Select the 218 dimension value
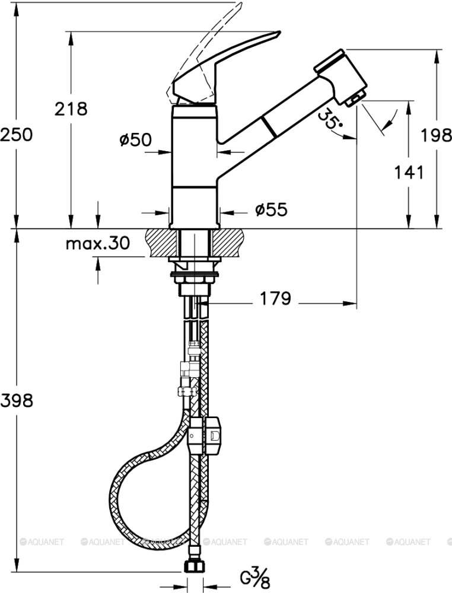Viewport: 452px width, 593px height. pyautogui.click(x=71, y=109)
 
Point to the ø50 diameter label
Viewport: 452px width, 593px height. pyautogui.click(x=135, y=140)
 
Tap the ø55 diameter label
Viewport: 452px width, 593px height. pyautogui.click(x=271, y=209)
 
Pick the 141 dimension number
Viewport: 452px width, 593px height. pyautogui.click(x=409, y=173)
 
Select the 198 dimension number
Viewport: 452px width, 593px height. pyautogui.click(x=437, y=135)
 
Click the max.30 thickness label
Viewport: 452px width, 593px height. pyautogui.click(x=98, y=243)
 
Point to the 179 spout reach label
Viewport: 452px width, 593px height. pyautogui.click(x=275, y=299)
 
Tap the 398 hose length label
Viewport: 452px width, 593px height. pyautogui.click(x=17, y=400)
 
